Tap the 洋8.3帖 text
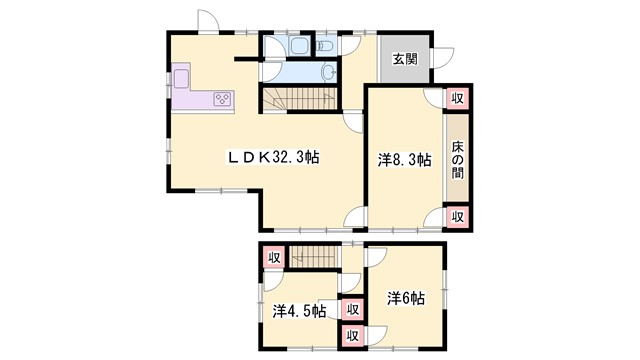tap(404, 159)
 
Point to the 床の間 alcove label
tap(457, 158)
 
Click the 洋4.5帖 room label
tap(299, 311)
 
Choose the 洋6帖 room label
tap(406, 298)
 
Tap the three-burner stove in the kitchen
tap(222, 98)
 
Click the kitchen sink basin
tap(183, 79)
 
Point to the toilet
tap(325, 45)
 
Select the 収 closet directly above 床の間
tap(457, 98)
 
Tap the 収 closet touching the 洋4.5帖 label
tap(351, 309)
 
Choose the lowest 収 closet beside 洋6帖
tap(351, 337)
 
